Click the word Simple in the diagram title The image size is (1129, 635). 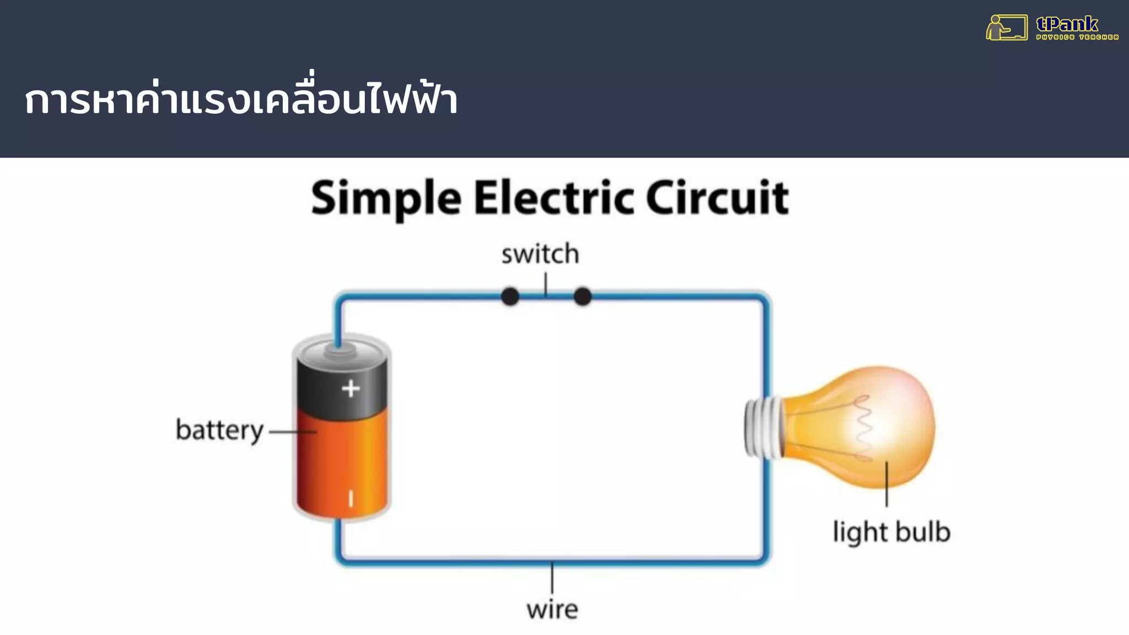pos(386,198)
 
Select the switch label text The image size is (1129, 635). pos(540,255)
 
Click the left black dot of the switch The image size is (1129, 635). pos(510,297)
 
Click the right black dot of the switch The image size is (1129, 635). pos(583,297)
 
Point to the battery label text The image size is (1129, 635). pos(219,430)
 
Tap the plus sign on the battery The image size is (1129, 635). pos(351,389)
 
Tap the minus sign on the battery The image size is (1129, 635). pos(351,499)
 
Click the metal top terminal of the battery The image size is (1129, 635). pos(338,351)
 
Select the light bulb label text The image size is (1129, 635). pos(891,532)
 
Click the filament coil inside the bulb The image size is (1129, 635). pos(863,427)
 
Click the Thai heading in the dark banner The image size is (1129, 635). pos(241,99)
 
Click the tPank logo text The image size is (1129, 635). pos(1067,24)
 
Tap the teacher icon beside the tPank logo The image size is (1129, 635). pos(1006,28)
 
